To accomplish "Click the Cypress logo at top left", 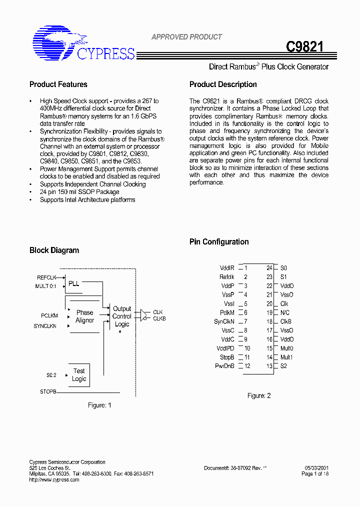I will click(x=83, y=44).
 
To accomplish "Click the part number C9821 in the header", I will click(x=304, y=47).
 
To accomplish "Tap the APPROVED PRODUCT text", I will click(x=186, y=37).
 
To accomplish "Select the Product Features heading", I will click(x=58, y=84).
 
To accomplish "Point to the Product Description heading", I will click(x=223, y=84).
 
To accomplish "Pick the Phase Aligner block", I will click(x=84, y=316).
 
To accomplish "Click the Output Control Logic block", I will click(x=122, y=316).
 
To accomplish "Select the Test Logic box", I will click(x=79, y=375).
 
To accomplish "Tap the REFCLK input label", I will click(x=46, y=277).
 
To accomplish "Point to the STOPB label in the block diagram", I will click(x=48, y=391).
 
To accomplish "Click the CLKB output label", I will click(x=159, y=318).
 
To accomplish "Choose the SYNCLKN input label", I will click(x=45, y=326).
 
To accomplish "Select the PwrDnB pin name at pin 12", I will click(x=224, y=366).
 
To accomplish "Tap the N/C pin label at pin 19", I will click(x=284, y=312).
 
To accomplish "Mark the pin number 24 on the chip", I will click(x=269, y=268).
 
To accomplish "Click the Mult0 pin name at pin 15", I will click(x=286, y=348).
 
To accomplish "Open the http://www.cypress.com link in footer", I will click(x=54, y=480).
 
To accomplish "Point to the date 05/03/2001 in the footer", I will click(x=316, y=468).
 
